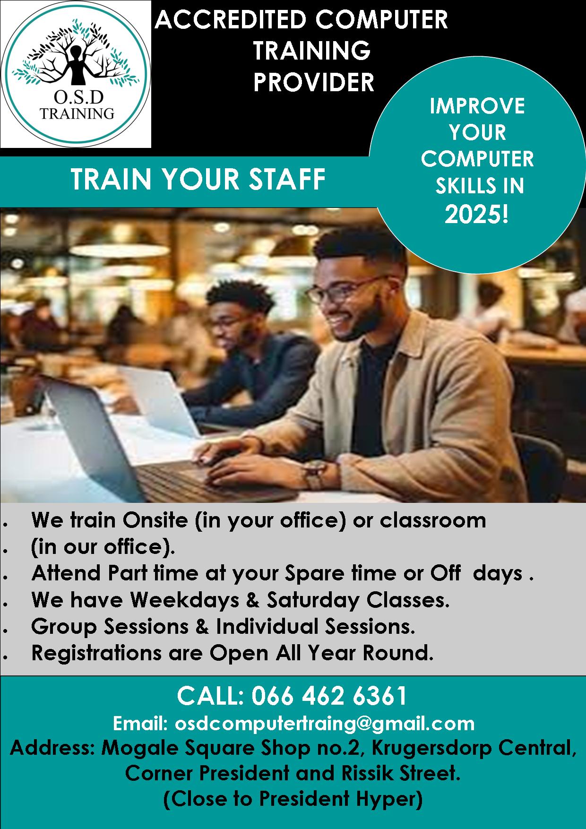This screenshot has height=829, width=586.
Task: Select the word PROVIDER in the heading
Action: coord(313,82)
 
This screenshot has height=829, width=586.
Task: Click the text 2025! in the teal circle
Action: coord(477,215)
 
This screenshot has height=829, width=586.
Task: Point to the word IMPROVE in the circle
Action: coord(477,106)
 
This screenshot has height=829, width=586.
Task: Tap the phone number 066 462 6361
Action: coord(329,696)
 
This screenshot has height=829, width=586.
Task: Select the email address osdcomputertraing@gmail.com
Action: coord(325,723)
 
